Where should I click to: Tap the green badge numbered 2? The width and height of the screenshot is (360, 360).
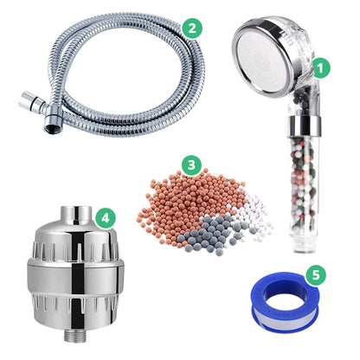click(x=192, y=28)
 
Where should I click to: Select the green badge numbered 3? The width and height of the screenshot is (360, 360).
click(x=191, y=165)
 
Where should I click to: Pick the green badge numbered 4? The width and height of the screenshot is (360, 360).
click(x=105, y=218)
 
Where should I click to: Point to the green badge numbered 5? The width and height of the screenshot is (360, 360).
click(x=316, y=274)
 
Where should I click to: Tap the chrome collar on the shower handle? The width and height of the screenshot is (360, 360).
click(x=304, y=126)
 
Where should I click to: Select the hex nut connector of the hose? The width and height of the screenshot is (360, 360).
click(x=53, y=119)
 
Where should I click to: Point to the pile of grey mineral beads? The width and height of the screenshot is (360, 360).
click(x=207, y=235)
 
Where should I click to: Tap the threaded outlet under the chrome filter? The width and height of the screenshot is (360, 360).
click(x=75, y=335)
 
